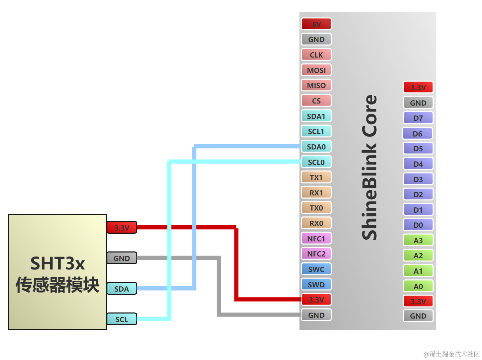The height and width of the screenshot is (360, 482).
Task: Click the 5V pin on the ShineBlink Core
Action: [x=316, y=24]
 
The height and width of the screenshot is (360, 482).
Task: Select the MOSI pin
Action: [x=316, y=70]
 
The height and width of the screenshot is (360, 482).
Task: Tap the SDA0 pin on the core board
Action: [x=316, y=147]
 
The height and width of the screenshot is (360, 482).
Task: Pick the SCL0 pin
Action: [x=316, y=162]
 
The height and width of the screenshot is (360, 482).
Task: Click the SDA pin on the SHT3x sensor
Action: [x=121, y=289]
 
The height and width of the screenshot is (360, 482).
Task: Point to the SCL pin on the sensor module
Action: [x=121, y=319]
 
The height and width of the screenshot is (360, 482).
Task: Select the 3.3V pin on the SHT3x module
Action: [x=121, y=228]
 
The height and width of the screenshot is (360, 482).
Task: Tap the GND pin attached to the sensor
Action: [x=121, y=258]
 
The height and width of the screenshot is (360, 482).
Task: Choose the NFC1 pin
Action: [x=316, y=239]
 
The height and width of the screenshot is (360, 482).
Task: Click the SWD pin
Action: [x=316, y=285]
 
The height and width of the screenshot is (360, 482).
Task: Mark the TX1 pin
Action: [x=316, y=177]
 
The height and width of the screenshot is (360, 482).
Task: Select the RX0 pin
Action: [x=316, y=223]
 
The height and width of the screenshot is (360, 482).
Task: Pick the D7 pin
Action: [x=418, y=118]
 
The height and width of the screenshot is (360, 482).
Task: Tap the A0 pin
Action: [x=418, y=286]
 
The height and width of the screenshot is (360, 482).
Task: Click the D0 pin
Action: [x=418, y=225]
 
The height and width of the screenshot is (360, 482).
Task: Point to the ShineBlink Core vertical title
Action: [x=369, y=167]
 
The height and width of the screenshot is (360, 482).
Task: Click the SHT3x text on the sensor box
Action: [x=58, y=263]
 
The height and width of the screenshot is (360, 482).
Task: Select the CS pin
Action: [x=316, y=101]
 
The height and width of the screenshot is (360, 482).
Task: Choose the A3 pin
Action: [x=418, y=240]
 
